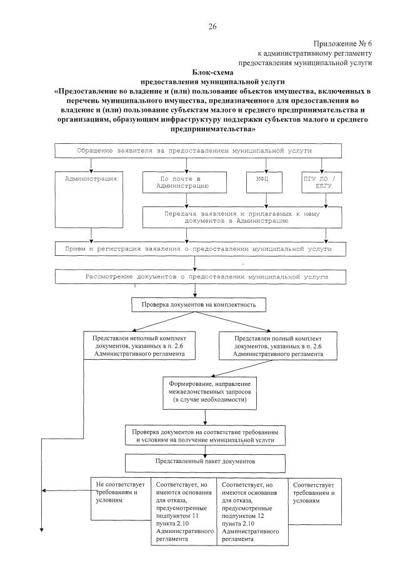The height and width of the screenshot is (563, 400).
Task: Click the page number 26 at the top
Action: pos(212,26)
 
